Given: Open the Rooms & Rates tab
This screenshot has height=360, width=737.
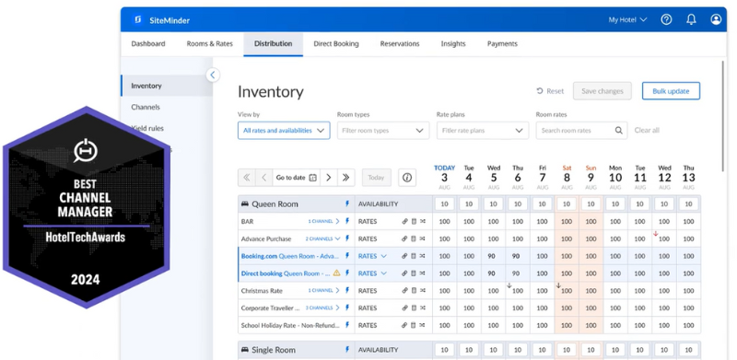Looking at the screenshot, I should [x=209, y=43].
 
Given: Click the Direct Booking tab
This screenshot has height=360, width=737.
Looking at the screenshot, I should [x=335, y=43].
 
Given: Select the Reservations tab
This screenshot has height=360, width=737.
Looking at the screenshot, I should [x=399, y=43].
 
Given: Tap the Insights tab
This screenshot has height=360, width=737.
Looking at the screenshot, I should [x=452, y=43].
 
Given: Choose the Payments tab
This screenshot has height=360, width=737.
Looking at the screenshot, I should [x=502, y=43].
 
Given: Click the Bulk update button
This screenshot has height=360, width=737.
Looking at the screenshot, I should [x=671, y=91].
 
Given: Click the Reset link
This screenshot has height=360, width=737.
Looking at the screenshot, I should [x=550, y=91].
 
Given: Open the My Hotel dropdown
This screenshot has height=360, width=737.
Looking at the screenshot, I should [x=628, y=19].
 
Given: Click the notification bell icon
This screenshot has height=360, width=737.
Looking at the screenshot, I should [x=691, y=19].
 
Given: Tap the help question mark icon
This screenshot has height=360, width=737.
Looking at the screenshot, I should [x=666, y=19].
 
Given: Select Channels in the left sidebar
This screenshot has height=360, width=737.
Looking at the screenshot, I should [x=146, y=107].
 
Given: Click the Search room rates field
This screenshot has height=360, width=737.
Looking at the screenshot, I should [x=575, y=131].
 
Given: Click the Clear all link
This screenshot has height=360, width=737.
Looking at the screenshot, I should [x=647, y=131].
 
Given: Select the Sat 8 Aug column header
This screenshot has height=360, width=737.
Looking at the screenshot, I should [x=566, y=173].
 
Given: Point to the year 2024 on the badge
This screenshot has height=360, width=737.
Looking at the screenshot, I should [x=86, y=279].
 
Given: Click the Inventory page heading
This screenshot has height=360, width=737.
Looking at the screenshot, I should [x=270, y=91].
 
